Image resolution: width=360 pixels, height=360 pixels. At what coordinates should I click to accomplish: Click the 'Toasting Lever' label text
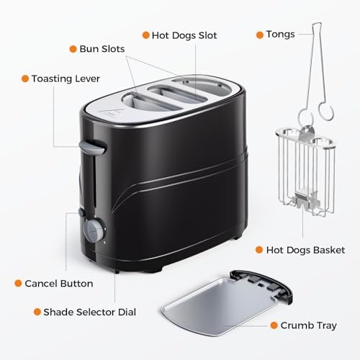click(66, 79)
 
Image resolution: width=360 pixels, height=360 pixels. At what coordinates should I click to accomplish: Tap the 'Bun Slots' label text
click(102, 49)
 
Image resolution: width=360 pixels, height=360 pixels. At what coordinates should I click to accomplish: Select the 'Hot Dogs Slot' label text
click(184, 35)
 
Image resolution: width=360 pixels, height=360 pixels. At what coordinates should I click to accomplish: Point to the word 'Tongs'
click(280, 35)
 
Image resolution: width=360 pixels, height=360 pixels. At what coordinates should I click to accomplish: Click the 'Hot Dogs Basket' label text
click(305, 250)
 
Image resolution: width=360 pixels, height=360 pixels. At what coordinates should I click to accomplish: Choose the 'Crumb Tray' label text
click(309, 325)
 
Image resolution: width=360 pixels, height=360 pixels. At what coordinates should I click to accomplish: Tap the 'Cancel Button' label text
click(59, 284)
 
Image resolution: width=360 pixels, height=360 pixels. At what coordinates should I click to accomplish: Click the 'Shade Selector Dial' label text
click(89, 312)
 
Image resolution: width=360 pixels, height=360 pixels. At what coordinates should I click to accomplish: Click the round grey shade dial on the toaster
click(94, 230)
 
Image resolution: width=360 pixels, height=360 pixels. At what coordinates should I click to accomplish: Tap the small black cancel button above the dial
click(81, 212)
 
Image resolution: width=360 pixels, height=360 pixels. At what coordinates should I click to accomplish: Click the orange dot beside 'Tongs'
click(260, 35)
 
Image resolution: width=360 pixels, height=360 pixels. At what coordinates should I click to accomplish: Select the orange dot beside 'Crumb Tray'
click(274, 325)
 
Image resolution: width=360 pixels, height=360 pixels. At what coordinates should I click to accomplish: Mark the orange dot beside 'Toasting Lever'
click(25, 78)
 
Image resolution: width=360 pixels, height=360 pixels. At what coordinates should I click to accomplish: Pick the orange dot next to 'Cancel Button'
click(18, 283)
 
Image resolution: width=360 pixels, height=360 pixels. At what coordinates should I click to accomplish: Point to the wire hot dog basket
click(306, 171)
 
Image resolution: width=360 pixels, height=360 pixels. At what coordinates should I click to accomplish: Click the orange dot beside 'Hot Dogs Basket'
click(259, 250)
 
